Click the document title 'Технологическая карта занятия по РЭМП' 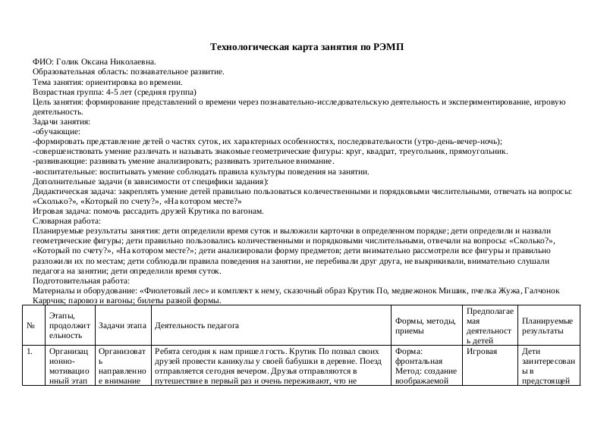click(307, 47)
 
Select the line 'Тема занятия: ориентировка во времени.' click(107, 82)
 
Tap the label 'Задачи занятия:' click(61, 121)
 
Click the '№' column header click(30, 325)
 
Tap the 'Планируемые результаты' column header click(547, 325)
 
